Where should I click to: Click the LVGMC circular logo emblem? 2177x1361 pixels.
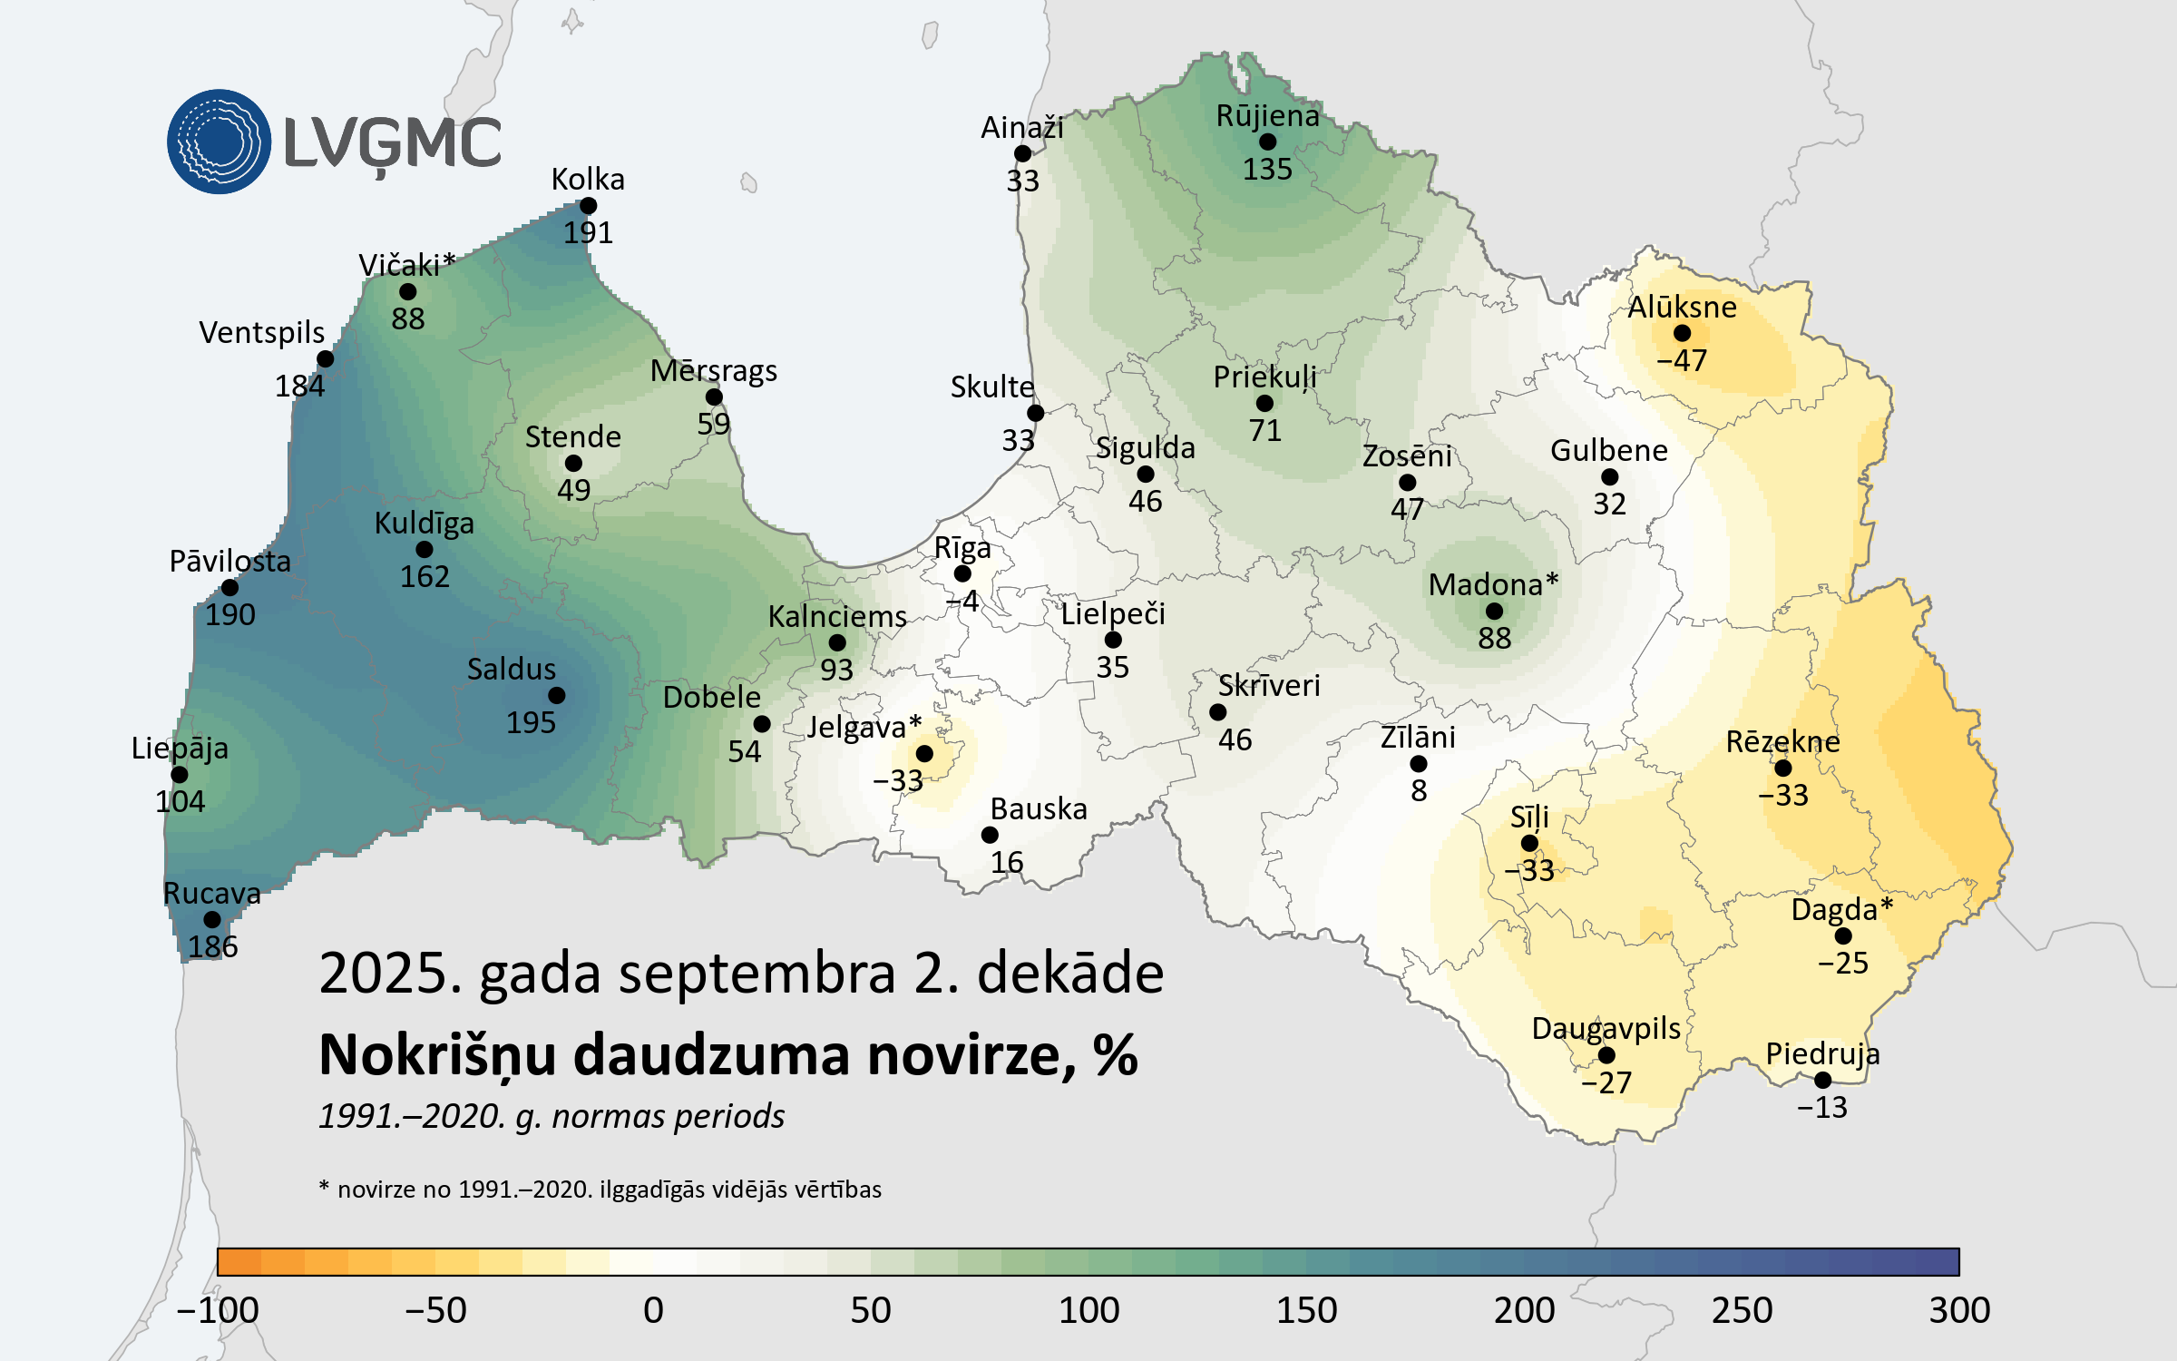[x=219, y=142]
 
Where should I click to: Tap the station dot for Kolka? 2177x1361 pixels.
[x=588, y=206]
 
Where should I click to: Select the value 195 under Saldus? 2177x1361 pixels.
[x=531, y=722]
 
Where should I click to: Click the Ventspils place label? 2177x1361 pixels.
[x=261, y=333]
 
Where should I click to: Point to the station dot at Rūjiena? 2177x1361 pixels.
[x=1267, y=142]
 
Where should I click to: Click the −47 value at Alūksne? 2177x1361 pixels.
[x=1681, y=360]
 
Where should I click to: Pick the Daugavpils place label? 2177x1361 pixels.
[x=1606, y=1029]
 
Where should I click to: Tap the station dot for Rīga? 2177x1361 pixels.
[x=962, y=573]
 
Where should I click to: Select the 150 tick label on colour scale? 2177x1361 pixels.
[x=1306, y=1310]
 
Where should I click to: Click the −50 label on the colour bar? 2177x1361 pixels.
[x=435, y=1310]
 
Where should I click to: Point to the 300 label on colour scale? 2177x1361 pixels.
[x=1959, y=1310]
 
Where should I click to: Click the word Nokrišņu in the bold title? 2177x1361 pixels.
[x=436, y=1056]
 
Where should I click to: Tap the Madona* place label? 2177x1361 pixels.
[x=1492, y=585]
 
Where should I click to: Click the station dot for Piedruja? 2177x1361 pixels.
[x=1822, y=1080]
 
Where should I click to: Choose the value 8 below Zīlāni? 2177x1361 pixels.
[x=1419, y=791]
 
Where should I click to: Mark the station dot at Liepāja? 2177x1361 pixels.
[x=180, y=775]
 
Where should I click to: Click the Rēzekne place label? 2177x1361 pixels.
[x=1782, y=742]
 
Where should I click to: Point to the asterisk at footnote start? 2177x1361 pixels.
[x=324, y=1186]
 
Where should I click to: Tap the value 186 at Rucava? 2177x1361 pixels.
[x=213, y=946]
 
